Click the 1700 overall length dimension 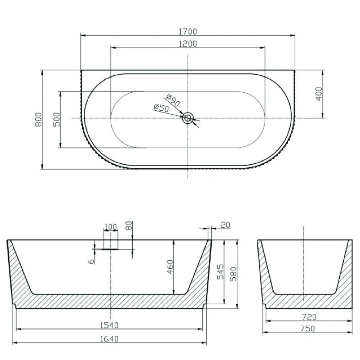pos(188,31)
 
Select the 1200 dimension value pos(188,44)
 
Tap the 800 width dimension pos(38,119)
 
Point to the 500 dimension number pos(56,120)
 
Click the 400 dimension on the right pos(319,94)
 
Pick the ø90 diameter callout pos(173,100)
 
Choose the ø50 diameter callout pos(162,108)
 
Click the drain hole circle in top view pos(188,118)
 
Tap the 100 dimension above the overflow pos(111,227)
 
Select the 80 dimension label pos(129,226)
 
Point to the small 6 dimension pos(91,261)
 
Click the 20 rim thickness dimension pos(225,225)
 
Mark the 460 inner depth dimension pos(170,267)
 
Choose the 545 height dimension pos(220,272)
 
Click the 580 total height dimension pos(233,274)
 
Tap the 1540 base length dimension pos(109,325)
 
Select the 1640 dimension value pos(109,339)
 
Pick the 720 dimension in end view pos(309,317)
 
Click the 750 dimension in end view pos(308,329)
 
